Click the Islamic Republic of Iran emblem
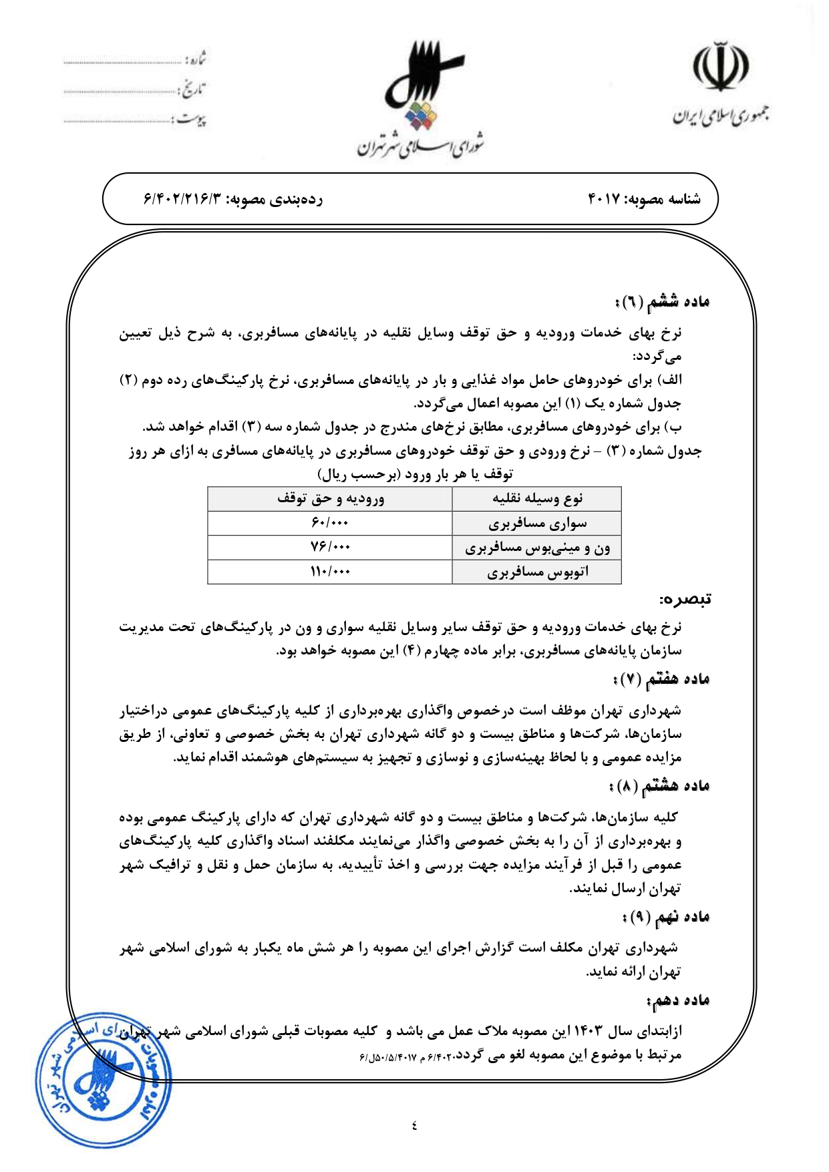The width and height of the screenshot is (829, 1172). click(720, 67)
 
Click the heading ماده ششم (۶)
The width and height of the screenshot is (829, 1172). click(661, 302)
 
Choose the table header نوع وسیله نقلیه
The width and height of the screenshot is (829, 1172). click(537, 499)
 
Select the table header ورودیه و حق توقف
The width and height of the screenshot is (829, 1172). click(330, 499)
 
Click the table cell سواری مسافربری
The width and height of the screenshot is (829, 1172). click(537, 524)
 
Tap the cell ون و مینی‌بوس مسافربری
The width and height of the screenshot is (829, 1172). click(537, 548)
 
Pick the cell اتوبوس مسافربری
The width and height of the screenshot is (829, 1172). click(537, 572)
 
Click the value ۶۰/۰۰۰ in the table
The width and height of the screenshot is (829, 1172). click(330, 523)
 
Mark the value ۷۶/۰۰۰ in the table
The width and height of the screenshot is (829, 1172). click(330, 548)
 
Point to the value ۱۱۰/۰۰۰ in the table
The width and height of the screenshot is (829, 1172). click(330, 572)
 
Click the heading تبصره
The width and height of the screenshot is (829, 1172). click(685, 599)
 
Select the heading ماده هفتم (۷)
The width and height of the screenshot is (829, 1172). click(661, 680)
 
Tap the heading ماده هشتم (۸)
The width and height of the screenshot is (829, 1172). click(659, 786)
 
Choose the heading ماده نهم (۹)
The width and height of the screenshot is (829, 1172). click(665, 917)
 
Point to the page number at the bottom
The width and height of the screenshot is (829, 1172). click(414, 1126)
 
